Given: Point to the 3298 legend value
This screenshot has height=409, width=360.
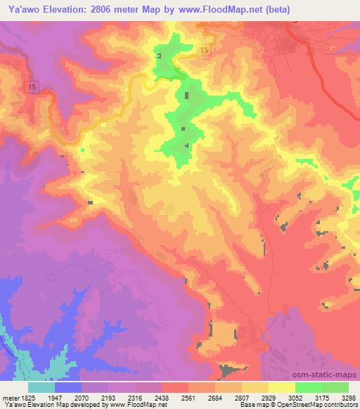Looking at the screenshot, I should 348,398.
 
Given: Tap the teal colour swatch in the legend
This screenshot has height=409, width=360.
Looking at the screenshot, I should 41,387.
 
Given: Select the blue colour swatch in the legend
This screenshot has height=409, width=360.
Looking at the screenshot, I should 68,387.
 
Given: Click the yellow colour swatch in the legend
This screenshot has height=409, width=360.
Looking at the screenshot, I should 282,387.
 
